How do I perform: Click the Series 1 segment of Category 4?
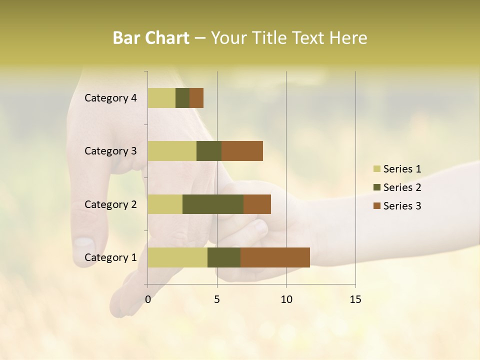(161, 98)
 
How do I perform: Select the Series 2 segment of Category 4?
(182, 98)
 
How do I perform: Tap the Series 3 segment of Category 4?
(196, 98)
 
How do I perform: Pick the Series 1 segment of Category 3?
(172, 151)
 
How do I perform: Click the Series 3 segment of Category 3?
(242, 151)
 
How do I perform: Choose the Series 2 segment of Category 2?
(213, 204)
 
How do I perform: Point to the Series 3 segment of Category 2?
(257, 204)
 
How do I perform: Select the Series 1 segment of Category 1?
(177, 257)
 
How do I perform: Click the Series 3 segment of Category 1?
(275, 257)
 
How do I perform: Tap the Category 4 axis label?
(110, 98)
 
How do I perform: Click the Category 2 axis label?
(110, 204)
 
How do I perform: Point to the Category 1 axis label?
(110, 257)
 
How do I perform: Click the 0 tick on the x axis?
(148, 299)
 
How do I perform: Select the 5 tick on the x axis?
(217, 299)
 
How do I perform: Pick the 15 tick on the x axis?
(355, 299)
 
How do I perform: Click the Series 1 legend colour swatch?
(377, 169)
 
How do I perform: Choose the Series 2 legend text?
(402, 187)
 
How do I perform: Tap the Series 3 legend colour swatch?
(377, 206)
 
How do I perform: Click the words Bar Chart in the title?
(151, 38)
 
